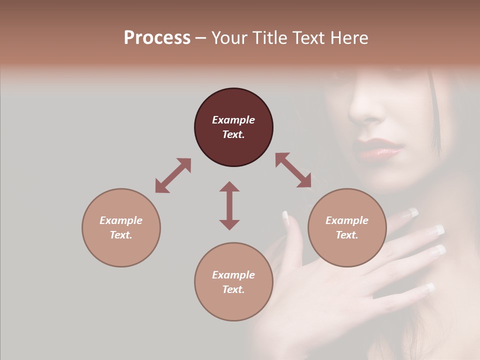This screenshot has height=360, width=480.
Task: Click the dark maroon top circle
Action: pyautogui.click(x=233, y=127)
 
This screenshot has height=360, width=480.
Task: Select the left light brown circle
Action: pyautogui.click(x=121, y=227)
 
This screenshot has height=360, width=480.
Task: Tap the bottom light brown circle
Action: pyautogui.click(x=233, y=282)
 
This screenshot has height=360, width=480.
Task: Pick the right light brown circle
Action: pyautogui.click(x=347, y=227)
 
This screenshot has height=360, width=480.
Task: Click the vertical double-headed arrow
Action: pyautogui.click(x=229, y=205)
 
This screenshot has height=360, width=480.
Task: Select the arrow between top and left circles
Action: pyautogui.click(x=173, y=175)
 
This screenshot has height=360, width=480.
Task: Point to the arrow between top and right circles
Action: pyautogui.click(x=293, y=170)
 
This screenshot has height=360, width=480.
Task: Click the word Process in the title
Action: pyautogui.click(x=157, y=37)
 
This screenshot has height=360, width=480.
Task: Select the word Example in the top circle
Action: pyautogui.click(x=233, y=120)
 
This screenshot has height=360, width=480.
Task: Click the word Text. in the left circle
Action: pyautogui.click(x=121, y=235)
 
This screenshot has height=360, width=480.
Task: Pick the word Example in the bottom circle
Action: pyautogui.click(x=233, y=275)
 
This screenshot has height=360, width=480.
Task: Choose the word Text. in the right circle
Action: pyautogui.click(x=347, y=235)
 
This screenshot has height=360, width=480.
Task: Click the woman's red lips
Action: pyautogui.click(x=379, y=149)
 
